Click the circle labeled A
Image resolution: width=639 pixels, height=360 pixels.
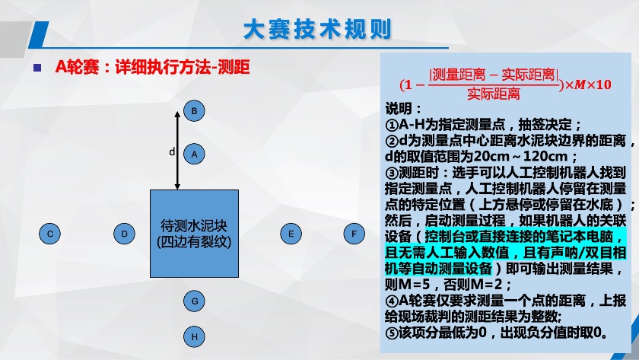click(194, 154)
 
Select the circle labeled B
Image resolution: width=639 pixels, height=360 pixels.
click(194, 110)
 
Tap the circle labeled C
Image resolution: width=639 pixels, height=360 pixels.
click(49, 234)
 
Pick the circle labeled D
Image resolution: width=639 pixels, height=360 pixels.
click(124, 234)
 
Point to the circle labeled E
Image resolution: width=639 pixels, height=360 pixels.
click(291, 234)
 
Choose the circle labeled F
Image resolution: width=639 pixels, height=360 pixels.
click(354, 234)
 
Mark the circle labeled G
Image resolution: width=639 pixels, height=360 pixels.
click(195, 301)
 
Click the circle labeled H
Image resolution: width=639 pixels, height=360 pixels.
click(195, 336)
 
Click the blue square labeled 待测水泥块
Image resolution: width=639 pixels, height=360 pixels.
click(195, 234)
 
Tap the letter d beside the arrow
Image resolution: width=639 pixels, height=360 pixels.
click(172, 151)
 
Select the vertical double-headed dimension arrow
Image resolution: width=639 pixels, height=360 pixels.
click(177, 150)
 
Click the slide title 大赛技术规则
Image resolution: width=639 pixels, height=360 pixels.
click(317, 30)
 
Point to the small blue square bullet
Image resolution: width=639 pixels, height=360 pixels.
click(37, 68)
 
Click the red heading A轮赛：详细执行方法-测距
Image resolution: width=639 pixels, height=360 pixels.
click(152, 67)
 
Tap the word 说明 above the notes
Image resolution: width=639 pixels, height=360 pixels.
click(398, 108)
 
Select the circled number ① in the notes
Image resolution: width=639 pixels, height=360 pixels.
click(392, 125)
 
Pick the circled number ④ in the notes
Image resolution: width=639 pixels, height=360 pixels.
click(392, 301)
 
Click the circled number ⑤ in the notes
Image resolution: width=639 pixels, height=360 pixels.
click(392, 333)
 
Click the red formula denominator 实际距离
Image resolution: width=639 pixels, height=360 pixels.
click(494, 94)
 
